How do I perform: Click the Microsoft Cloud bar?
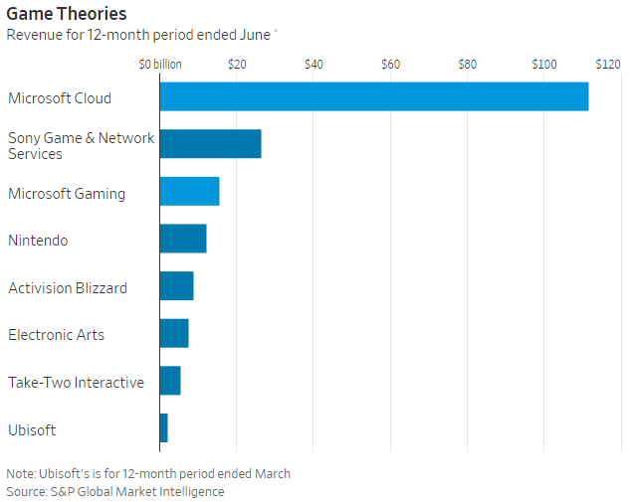(373, 96)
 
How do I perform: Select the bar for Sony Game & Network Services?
(210, 144)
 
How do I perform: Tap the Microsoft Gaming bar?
(189, 192)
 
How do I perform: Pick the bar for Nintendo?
(183, 239)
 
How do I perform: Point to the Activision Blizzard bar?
(176, 286)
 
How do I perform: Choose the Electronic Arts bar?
(174, 334)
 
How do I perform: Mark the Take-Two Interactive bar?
(170, 381)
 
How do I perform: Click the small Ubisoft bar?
(164, 428)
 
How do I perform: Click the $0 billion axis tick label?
(160, 64)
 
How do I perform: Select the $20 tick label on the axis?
(237, 64)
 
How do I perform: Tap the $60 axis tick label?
(390, 64)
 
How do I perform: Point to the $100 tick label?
(544, 64)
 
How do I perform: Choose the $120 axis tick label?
(607, 64)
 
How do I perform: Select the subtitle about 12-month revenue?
(140, 35)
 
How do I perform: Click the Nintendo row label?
(38, 240)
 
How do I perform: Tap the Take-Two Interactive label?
(76, 382)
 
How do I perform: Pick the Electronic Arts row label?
(56, 335)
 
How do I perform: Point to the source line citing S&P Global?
(115, 491)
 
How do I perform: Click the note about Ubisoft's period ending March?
(148, 473)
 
